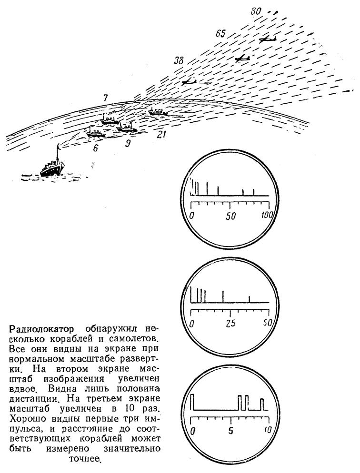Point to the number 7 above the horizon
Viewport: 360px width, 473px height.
tap(105, 98)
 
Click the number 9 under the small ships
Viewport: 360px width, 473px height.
tap(128, 142)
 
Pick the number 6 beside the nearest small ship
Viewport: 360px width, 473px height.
tap(95, 148)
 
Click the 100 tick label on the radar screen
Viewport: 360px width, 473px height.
tap(266, 215)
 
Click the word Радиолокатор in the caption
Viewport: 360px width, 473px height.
tap(36, 329)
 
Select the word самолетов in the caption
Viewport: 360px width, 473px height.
tap(136, 338)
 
